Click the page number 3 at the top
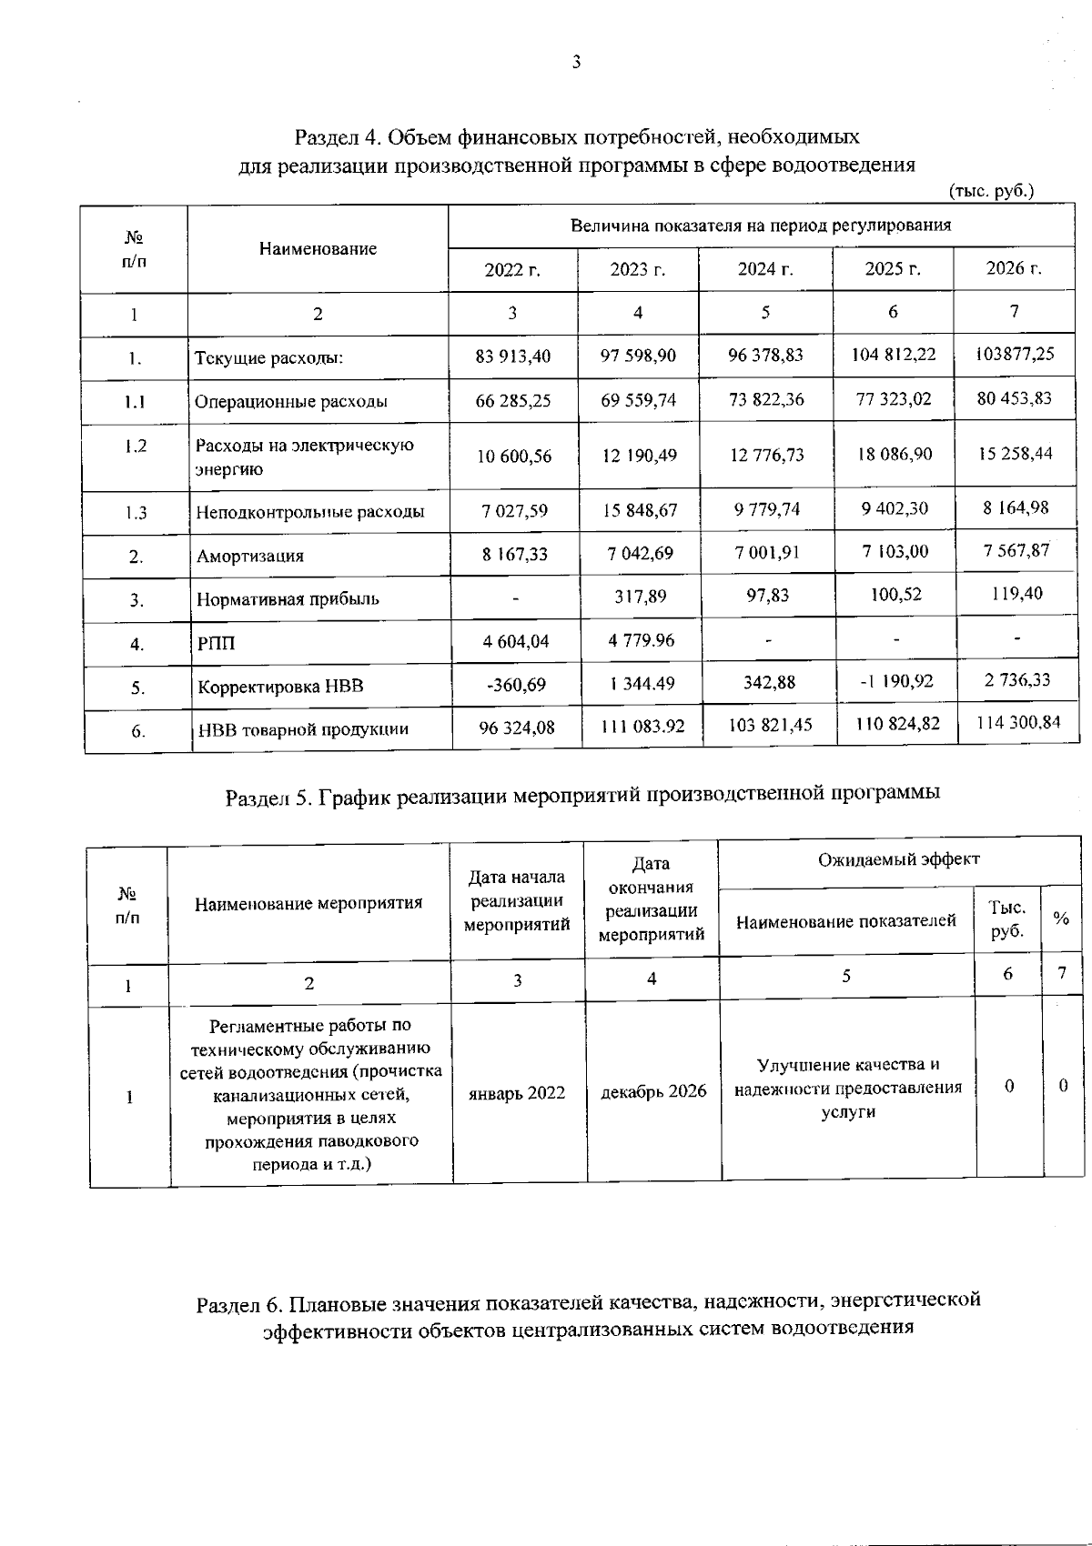coord(575,62)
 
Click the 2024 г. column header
coord(765,269)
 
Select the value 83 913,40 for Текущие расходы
coord(512,356)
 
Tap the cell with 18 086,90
coord(895,453)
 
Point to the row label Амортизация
coord(250,556)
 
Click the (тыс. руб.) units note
coord(991,192)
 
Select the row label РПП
coord(216,644)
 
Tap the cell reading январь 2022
coord(517,1093)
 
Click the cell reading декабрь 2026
coord(653,1091)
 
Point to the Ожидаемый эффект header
coord(898,859)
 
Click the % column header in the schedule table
coord(1060,919)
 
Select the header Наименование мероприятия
coord(308,903)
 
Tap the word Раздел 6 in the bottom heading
coord(240,1305)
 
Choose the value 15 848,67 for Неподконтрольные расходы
coord(639,510)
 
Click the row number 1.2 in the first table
coord(136,446)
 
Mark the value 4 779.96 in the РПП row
coord(642,640)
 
